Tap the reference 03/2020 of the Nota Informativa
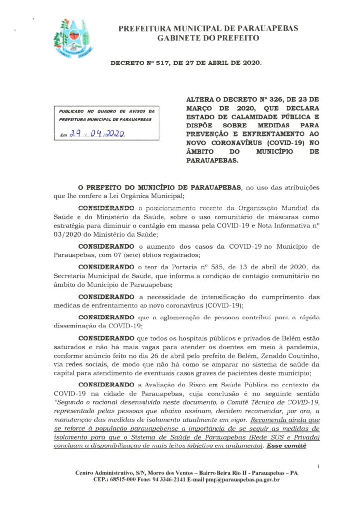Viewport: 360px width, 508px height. (x=69, y=234)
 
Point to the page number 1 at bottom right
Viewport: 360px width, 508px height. (x=317, y=466)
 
